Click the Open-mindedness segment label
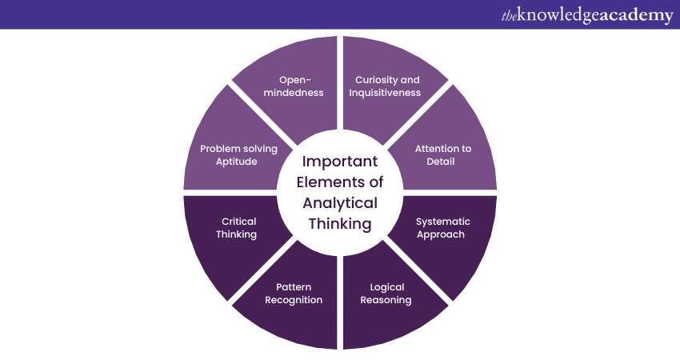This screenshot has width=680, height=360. [x=301, y=86]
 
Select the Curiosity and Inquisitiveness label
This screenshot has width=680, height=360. [x=387, y=86]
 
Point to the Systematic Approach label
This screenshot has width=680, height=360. [x=443, y=228]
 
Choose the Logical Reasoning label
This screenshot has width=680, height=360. [x=386, y=294]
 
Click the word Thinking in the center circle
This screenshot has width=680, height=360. [x=340, y=224]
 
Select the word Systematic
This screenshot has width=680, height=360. [x=443, y=222]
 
